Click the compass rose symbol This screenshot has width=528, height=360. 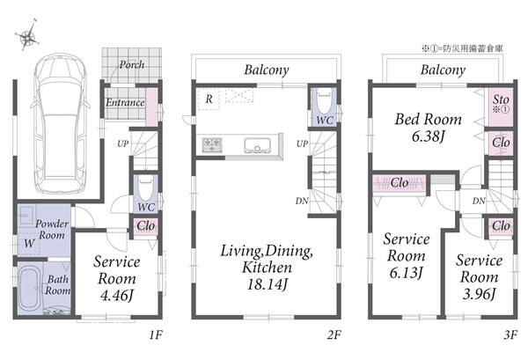click(28, 35)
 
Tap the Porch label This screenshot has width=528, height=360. click(132, 64)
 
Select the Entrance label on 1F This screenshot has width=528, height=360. click(125, 102)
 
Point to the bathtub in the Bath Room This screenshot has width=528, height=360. click(30, 287)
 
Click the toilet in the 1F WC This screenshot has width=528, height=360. click(146, 188)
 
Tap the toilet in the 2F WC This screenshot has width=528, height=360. click(325, 100)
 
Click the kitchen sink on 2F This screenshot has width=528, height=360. click(258, 145)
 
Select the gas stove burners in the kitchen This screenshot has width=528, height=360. click(211, 144)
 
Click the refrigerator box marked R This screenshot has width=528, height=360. click(209, 99)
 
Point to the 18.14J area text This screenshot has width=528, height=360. click(268, 284)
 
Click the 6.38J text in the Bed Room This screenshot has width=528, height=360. click(429, 136)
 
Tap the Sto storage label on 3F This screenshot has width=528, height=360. click(501, 99)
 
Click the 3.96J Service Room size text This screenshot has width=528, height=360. click(479, 294)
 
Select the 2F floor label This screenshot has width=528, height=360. click(334, 335)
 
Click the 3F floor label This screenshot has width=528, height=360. click(510, 335)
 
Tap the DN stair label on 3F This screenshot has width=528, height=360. click(479, 201)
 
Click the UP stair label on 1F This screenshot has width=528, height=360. click(122, 143)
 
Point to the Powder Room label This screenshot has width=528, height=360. click(52, 229)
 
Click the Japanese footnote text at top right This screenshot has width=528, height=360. click(462, 48)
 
